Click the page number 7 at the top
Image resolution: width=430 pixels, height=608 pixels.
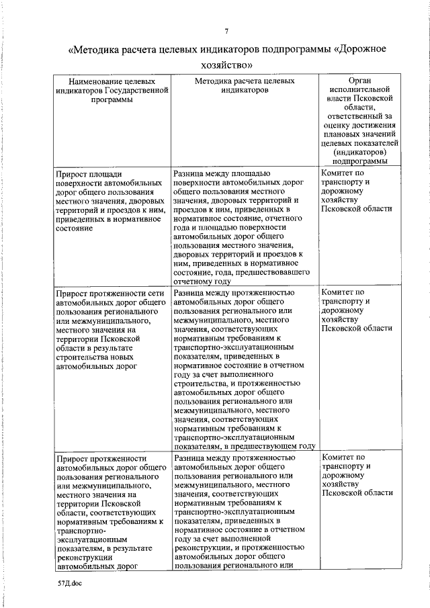pyautogui.click(x=227, y=31)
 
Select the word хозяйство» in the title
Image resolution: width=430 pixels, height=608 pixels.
pyautogui.click(x=227, y=65)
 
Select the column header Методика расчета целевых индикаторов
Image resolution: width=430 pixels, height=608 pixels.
pyautogui.click(x=244, y=85)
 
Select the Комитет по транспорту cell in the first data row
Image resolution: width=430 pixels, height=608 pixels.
pyautogui.click(x=356, y=191)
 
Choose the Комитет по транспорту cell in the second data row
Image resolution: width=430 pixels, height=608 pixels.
pyautogui.click(x=356, y=310)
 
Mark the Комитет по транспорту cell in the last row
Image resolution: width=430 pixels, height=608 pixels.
pyautogui.click(x=356, y=475)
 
